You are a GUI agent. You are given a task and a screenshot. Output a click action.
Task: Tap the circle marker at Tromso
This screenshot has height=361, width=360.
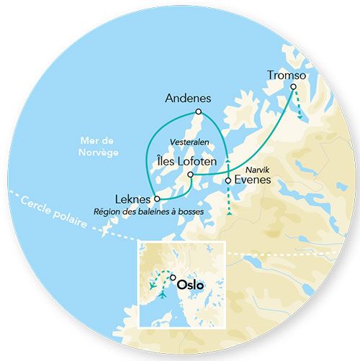pos(294,87)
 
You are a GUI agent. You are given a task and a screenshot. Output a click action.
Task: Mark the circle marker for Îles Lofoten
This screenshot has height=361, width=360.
pos(190,174)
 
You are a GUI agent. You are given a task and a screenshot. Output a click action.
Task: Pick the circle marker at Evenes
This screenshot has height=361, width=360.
pos(228,180)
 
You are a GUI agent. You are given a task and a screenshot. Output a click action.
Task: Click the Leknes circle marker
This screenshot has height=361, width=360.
pos(157,198)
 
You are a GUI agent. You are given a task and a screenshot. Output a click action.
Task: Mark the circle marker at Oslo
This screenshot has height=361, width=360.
pos(172,277)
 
